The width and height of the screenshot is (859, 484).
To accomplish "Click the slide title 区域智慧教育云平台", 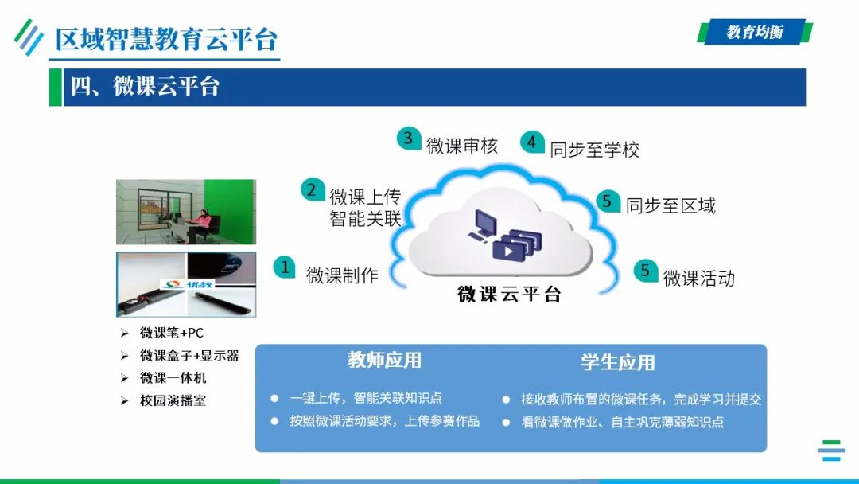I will coord(166,38).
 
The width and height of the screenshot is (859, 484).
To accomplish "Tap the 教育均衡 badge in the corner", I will coord(754,32).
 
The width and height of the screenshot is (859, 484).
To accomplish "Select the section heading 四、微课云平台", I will coord(145,87).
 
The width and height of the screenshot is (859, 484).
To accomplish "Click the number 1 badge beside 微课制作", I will coord(285,267).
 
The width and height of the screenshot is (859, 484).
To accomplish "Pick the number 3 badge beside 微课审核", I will coord(409,139).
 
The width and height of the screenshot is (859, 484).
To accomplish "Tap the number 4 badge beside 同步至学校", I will coord(532,142).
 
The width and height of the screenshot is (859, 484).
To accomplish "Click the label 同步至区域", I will coord(670,205).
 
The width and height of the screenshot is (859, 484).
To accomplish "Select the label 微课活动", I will coord(698,278).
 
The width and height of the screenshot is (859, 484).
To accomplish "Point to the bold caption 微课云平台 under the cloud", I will coord(509,294).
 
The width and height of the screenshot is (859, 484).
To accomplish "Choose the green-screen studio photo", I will coord(186,212).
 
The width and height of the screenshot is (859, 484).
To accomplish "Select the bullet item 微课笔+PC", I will coord(172,333).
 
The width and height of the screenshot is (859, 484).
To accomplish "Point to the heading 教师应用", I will coord(384,361).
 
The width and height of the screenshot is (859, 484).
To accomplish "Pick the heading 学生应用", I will coord(617,363).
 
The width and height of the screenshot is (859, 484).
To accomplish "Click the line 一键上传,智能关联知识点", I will coord(366,398).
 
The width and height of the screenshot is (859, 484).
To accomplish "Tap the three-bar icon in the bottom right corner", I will coord(831,451).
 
